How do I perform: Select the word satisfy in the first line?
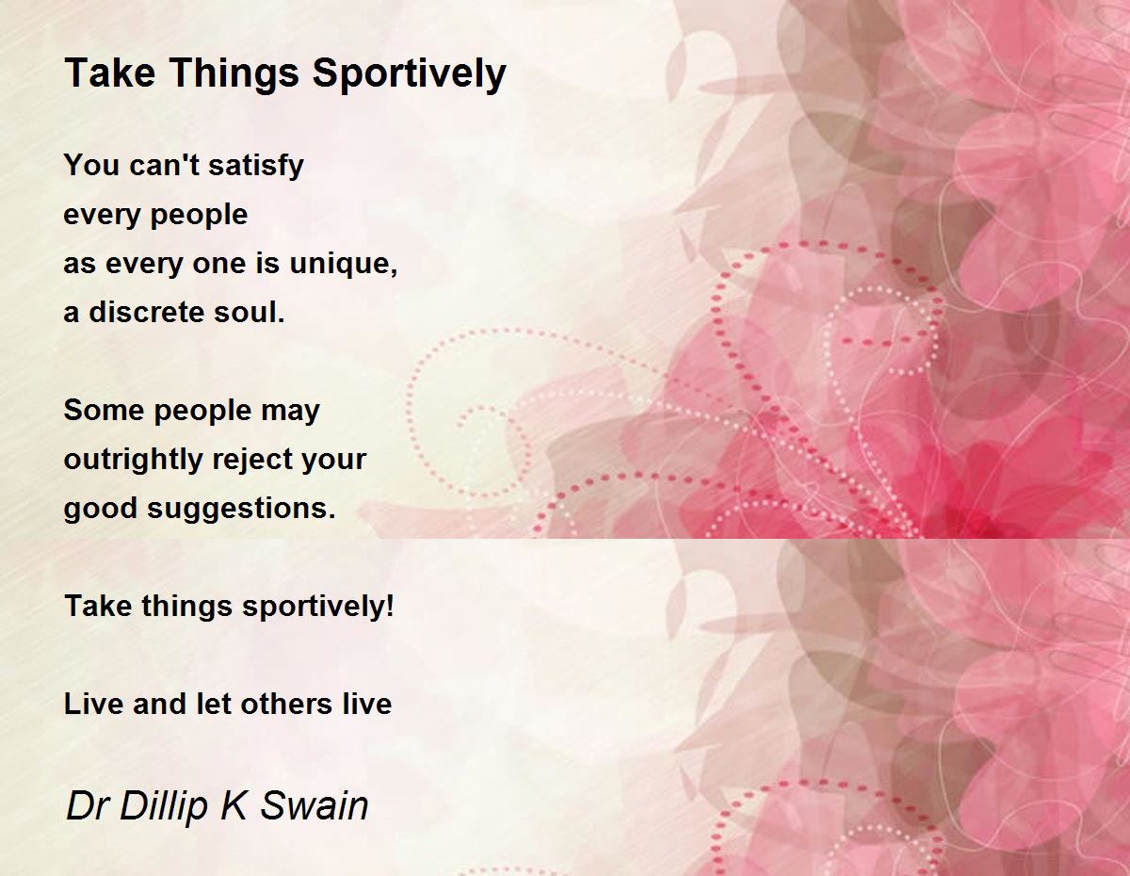click(256, 167)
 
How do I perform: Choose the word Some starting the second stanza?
click(104, 410)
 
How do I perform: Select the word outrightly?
click(133, 460)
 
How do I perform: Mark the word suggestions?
click(241, 509)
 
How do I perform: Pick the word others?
click(286, 705)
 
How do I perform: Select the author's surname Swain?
click(315, 805)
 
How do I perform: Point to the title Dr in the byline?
click(87, 805)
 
